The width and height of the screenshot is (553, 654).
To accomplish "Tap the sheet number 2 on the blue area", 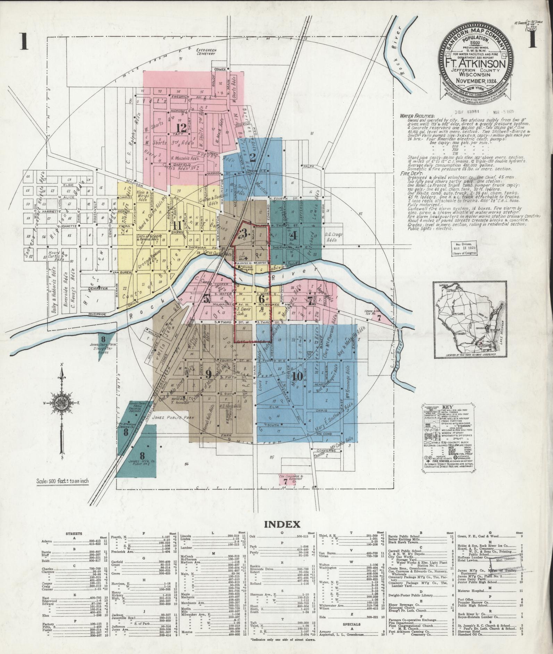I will [x=253, y=158].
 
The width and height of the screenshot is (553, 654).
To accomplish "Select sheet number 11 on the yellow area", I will [x=177, y=225].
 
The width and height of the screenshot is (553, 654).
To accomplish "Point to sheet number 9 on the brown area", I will [x=208, y=373].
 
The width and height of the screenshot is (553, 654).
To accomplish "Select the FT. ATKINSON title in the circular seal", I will [x=474, y=64].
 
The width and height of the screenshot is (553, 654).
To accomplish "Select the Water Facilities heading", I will [x=417, y=116].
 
